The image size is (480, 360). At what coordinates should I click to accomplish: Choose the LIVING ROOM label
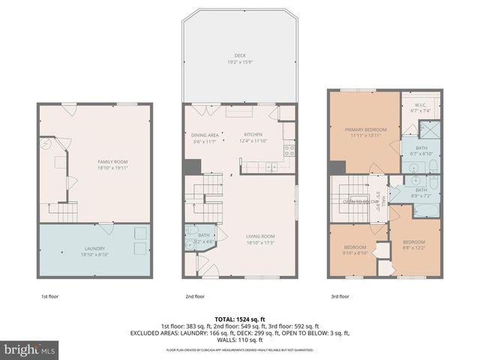tap(261, 239)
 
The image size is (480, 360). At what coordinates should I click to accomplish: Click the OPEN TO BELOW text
tap(360, 202)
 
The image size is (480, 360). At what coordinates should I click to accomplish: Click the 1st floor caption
tap(49, 296)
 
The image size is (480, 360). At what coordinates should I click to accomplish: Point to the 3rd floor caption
tap(340, 296)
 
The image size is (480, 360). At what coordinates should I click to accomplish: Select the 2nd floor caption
tap(195, 296)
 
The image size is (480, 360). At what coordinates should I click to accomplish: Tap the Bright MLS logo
tap(30, 349)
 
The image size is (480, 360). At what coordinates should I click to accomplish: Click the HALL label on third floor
tap(383, 199)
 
